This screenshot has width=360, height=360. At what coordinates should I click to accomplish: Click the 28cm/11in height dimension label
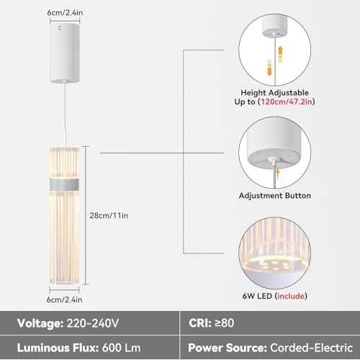pyautogui.click(x=109, y=215)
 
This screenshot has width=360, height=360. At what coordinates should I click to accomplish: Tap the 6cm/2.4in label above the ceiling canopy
pyautogui.click(x=65, y=13)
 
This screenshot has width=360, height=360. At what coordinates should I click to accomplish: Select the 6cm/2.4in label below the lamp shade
pyautogui.click(x=64, y=300)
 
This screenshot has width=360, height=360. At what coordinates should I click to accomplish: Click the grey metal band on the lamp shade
pyautogui.click(x=64, y=184)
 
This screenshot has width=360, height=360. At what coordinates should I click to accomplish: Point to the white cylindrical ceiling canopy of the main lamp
pyautogui.click(x=65, y=53)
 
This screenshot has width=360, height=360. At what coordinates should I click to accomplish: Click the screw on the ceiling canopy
pyautogui.click(x=60, y=28)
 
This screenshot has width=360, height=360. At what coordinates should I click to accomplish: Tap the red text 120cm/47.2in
pyautogui.click(x=287, y=102)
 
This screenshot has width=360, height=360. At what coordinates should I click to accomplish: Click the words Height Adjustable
pyautogui.click(x=274, y=93)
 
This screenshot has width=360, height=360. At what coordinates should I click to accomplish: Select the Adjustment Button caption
pyautogui.click(x=275, y=196)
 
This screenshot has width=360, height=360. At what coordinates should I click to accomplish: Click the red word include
pyautogui.click(x=291, y=296)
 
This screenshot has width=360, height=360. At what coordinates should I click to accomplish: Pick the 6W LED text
pyautogui.click(x=257, y=296)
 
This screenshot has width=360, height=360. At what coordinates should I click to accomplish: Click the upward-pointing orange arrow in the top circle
pyautogui.click(x=280, y=54)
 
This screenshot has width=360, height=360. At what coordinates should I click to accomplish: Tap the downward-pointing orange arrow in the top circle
pyautogui.click(x=269, y=67)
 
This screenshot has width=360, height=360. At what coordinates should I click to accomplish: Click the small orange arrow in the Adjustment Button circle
pyautogui.click(x=279, y=173)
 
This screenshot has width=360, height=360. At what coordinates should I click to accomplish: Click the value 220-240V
pyautogui.click(x=93, y=323)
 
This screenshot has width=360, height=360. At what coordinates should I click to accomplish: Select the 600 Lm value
pyautogui.click(x=121, y=348)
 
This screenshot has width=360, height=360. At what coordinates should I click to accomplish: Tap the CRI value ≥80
pyautogui.click(x=225, y=323)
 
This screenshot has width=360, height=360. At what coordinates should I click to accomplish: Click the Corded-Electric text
pyautogui.click(x=311, y=348)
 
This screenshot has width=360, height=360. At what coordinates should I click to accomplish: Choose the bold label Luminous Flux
pyautogui.click(x=58, y=348)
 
